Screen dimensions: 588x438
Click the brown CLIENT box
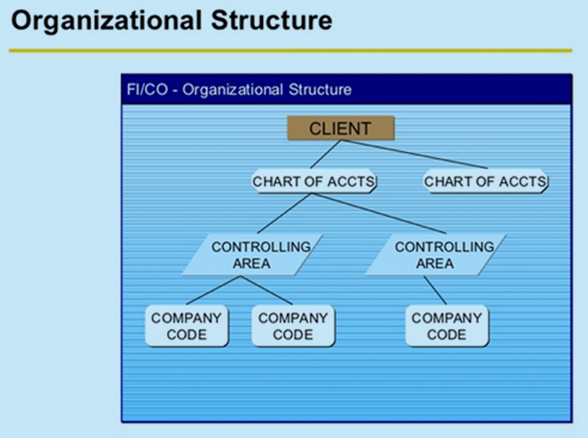click(x=341, y=128)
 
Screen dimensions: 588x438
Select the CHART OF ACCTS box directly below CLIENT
click(x=314, y=181)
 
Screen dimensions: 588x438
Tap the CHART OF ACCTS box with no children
click(x=485, y=181)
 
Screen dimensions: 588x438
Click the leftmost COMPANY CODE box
click(x=187, y=326)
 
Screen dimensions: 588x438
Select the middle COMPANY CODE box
click(x=293, y=326)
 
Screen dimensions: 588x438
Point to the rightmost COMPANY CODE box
click(x=447, y=326)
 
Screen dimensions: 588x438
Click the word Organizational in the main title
click(x=106, y=21)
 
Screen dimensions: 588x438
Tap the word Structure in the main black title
click(x=272, y=20)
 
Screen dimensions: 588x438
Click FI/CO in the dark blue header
click(x=147, y=90)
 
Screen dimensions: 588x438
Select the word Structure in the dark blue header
click(x=320, y=90)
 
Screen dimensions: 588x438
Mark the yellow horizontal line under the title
click(x=291, y=51)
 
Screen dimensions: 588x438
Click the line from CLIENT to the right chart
click(x=414, y=154)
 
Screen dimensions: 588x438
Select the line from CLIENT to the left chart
click(x=325, y=154)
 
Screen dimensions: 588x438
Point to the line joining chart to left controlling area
click(x=284, y=213)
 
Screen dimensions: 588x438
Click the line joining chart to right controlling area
click(x=379, y=213)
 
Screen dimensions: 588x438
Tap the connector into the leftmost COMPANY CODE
click(x=214, y=290)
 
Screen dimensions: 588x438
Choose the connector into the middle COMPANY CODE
click(x=267, y=290)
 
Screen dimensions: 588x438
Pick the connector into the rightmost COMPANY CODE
click(x=435, y=290)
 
